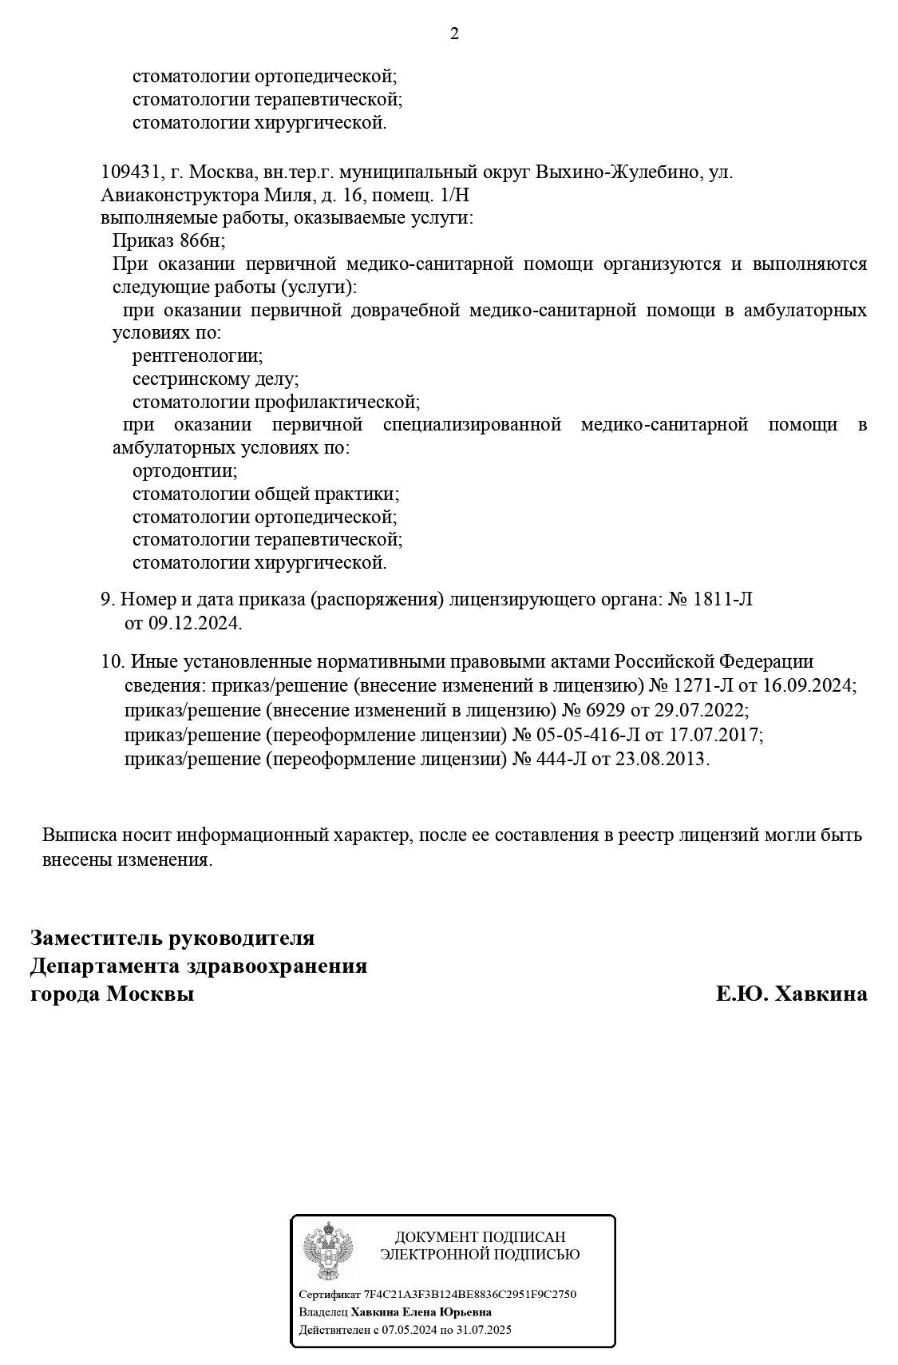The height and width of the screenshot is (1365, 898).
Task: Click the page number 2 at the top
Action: click(x=454, y=34)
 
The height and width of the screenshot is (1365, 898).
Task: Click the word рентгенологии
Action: click(x=197, y=355)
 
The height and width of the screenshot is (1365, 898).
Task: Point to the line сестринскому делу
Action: click(x=216, y=379)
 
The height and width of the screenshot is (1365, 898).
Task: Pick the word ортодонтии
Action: click(x=184, y=470)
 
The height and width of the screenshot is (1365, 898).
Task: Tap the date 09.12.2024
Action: click(x=194, y=623)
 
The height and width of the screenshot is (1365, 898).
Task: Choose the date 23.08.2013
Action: click(x=661, y=758)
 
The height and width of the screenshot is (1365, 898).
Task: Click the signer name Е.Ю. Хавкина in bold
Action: click(x=791, y=994)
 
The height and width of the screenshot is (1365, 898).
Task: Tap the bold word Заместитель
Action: click(x=96, y=937)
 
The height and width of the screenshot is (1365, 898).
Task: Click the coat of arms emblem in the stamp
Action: click(x=327, y=1251)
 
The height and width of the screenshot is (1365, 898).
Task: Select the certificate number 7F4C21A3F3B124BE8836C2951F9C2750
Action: click(x=469, y=1295)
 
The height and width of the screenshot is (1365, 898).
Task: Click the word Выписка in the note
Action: click(x=80, y=835)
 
